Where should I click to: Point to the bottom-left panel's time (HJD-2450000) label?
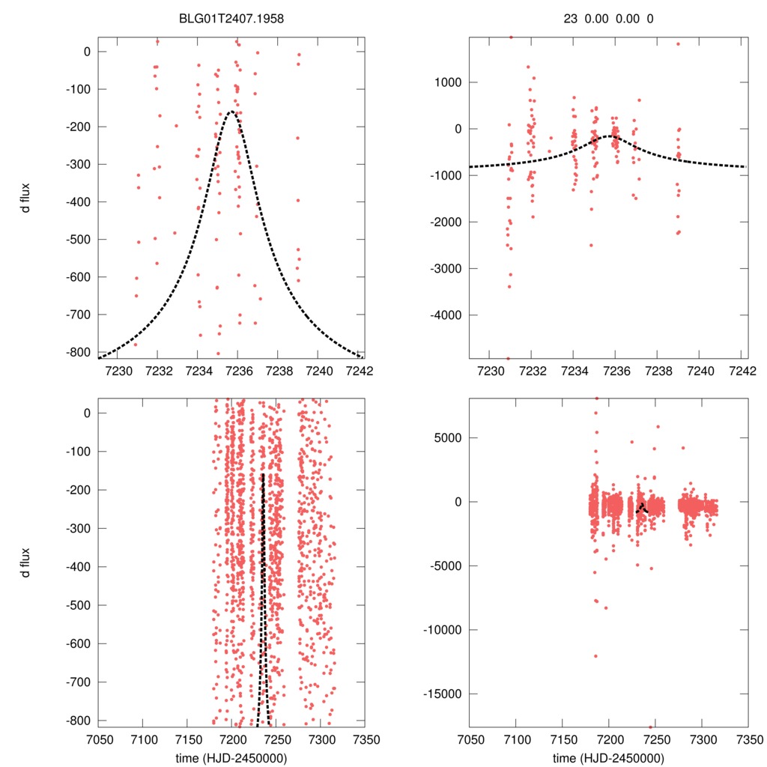[x=232, y=757]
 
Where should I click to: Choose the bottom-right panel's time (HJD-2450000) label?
[x=608, y=757]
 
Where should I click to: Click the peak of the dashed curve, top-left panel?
[x=231, y=112]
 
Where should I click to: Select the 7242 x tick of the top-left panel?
[x=358, y=371]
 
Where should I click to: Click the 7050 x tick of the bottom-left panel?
[x=98, y=738]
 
